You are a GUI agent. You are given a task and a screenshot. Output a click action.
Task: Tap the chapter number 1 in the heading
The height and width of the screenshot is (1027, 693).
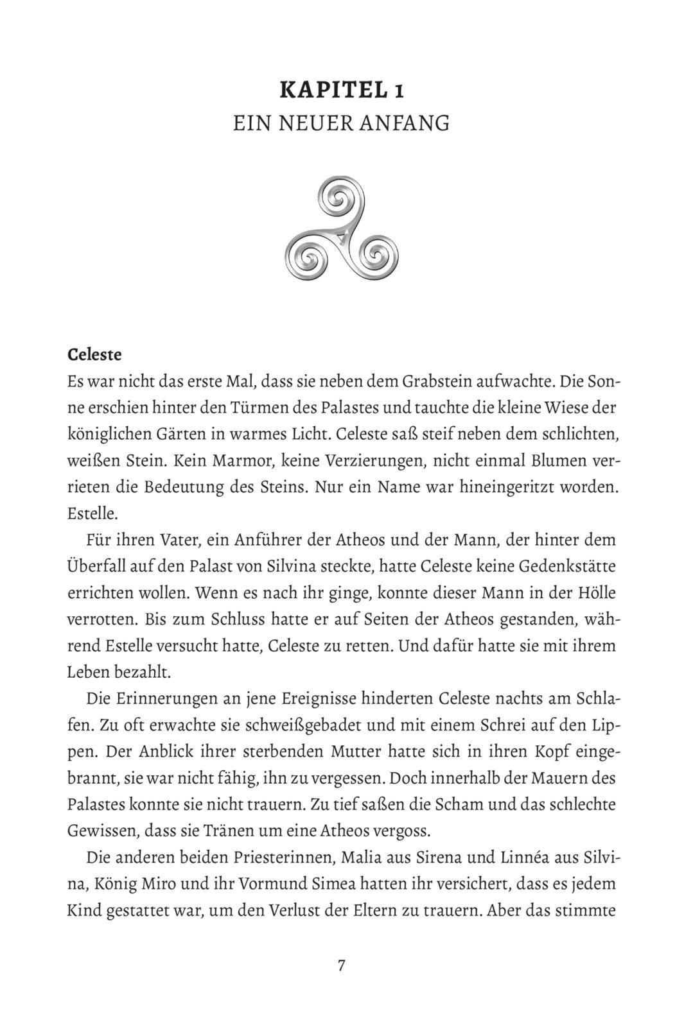[399, 91]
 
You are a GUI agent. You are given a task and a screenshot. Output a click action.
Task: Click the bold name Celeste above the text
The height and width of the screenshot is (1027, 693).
[94, 354]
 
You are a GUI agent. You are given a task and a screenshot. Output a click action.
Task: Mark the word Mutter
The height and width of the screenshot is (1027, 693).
[409, 752]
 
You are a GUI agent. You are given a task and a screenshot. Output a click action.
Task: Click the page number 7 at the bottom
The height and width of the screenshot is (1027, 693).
[342, 965]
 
